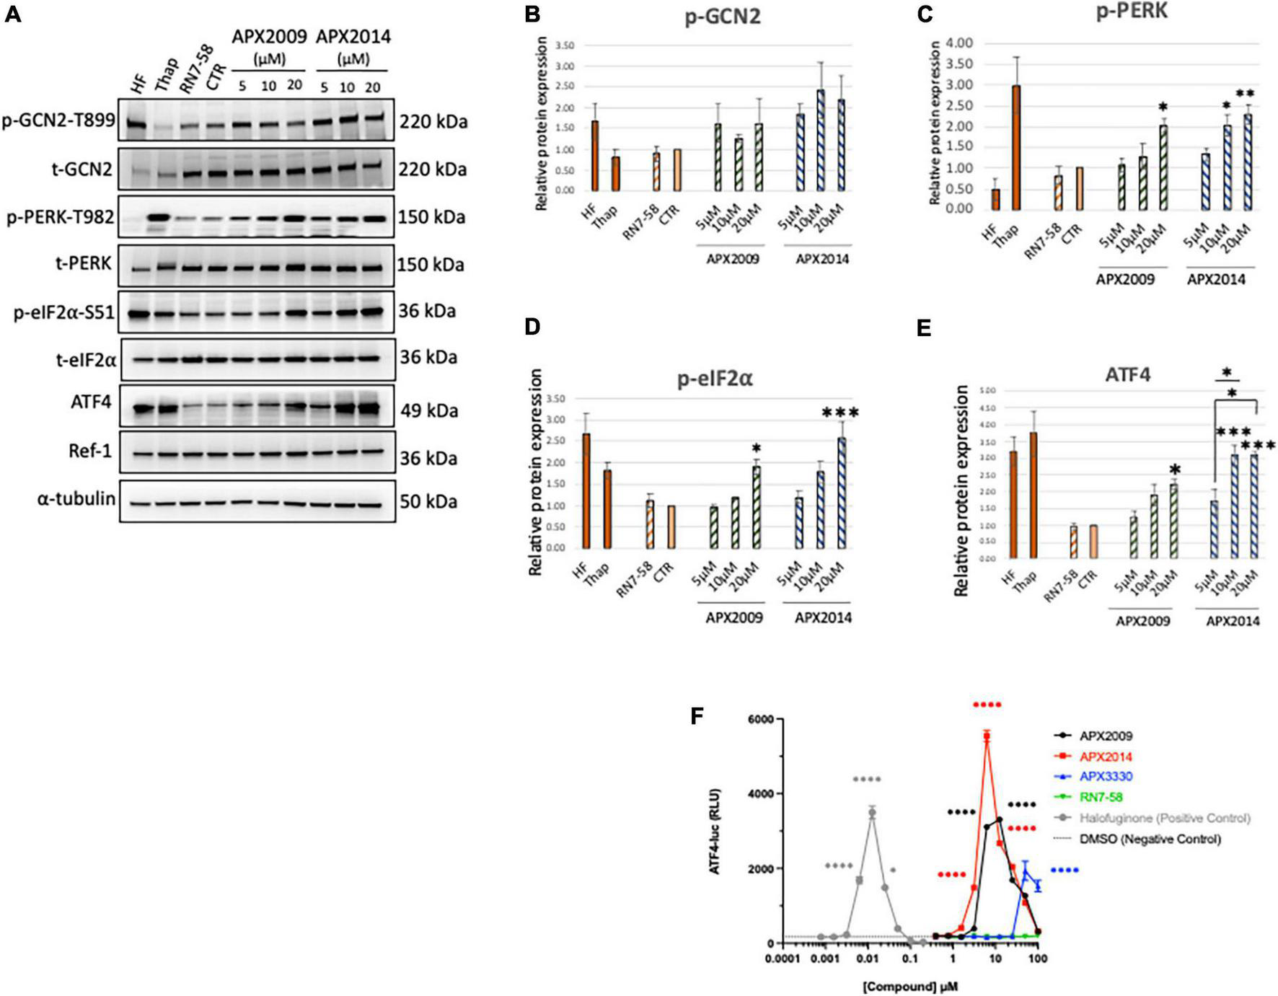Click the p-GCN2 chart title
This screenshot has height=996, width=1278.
point(723,17)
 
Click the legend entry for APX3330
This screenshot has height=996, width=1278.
point(1106,777)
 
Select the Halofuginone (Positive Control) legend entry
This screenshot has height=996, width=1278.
point(1164,818)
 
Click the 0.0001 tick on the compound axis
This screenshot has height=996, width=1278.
point(782,959)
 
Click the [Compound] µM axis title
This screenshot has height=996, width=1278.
point(910,986)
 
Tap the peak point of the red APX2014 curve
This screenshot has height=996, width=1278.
point(987,735)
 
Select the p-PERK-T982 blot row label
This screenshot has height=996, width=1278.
point(61,216)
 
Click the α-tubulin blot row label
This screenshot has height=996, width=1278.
point(76,498)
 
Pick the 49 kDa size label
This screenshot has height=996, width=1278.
point(429,410)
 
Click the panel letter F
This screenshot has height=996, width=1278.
point(697,716)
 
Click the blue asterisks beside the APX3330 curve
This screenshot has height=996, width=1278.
point(1064,871)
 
